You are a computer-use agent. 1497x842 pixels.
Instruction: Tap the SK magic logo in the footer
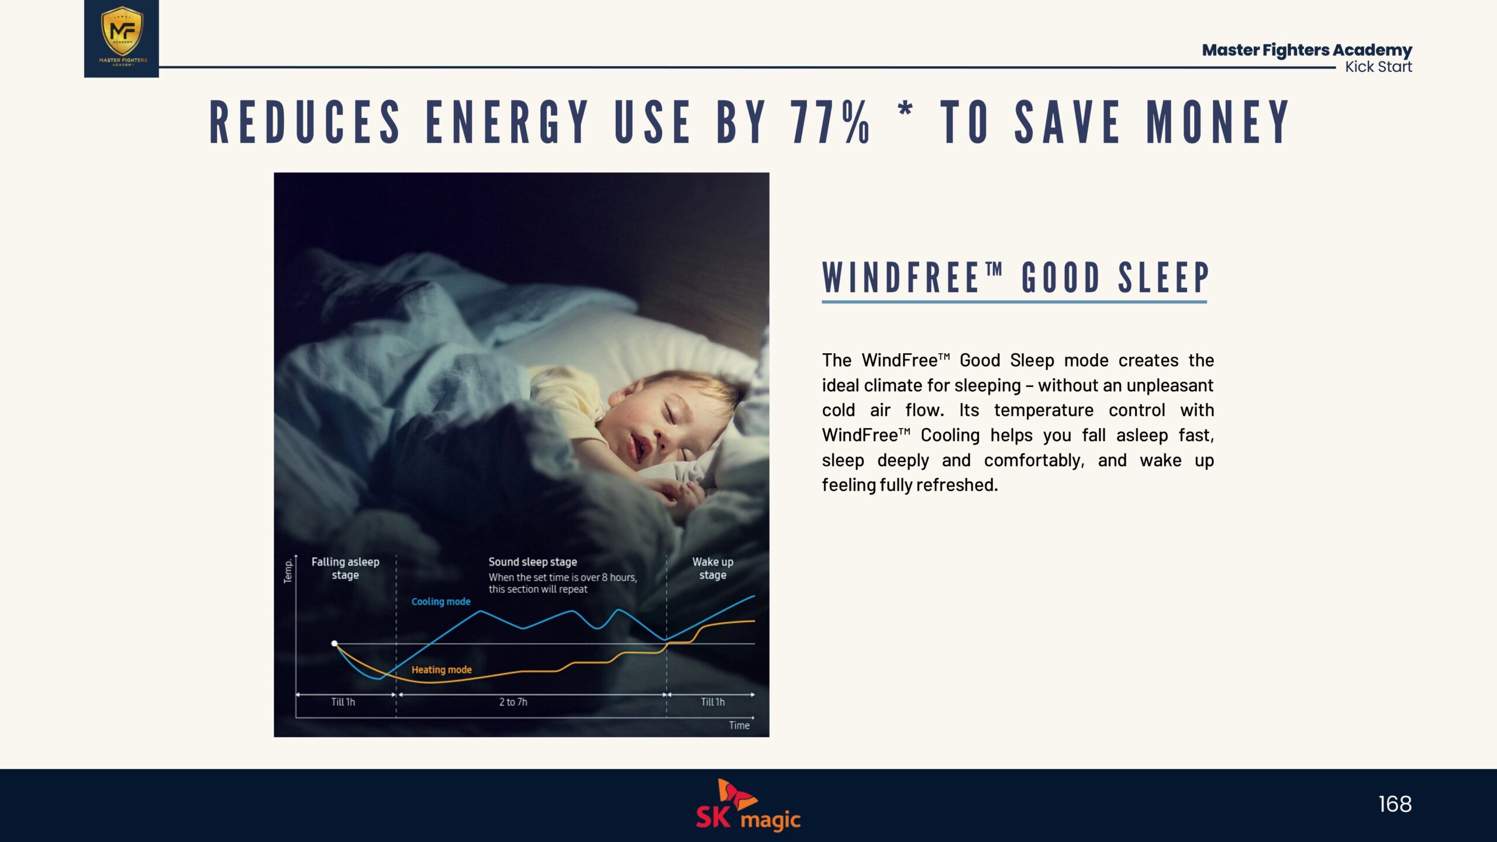pos(748,805)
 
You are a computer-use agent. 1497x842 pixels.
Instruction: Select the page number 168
pos(1395,804)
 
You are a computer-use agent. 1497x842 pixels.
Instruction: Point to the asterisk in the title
pos(905,109)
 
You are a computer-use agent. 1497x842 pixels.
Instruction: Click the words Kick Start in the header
pos(1378,67)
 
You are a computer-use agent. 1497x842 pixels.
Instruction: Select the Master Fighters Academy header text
pos(1307,50)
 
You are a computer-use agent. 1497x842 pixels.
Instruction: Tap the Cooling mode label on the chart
pos(441,602)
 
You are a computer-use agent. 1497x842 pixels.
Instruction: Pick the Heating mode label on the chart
pos(441,670)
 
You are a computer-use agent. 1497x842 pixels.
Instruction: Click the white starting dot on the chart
pos(334,643)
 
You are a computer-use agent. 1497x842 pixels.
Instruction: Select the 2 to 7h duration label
pos(513,702)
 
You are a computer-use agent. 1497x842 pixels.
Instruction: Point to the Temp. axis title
pos(288,571)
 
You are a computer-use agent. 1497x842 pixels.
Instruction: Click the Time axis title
pos(739,725)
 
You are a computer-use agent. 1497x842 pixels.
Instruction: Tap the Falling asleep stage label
pos(345,568)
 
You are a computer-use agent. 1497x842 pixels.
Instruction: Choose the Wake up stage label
pos(713,568)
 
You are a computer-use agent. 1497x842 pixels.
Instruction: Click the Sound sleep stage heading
pos(533,562)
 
